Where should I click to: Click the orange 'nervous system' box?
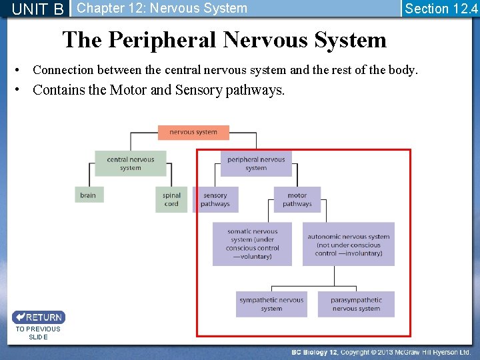(193, 132)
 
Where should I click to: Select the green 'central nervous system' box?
(130, 163)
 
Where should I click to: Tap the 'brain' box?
(88, 195)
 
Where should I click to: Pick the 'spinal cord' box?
(171, 199)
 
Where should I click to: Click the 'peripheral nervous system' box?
(256, 163)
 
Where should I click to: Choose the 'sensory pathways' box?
(215, 199)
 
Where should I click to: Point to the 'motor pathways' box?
(297, 199)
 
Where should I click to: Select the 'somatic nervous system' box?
(252, 244)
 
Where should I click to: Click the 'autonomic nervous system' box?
(349, 244)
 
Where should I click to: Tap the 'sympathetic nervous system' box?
(271, 304)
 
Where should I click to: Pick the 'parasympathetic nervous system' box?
(356, 304)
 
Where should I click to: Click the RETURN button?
(39, 317)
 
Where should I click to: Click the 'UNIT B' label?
(38, 9)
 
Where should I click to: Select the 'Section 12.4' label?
(441, 9)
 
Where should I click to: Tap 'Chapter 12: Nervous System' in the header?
(162, 9)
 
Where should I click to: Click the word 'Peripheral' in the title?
(163, 40)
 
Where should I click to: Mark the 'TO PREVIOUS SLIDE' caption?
(38, 333)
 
